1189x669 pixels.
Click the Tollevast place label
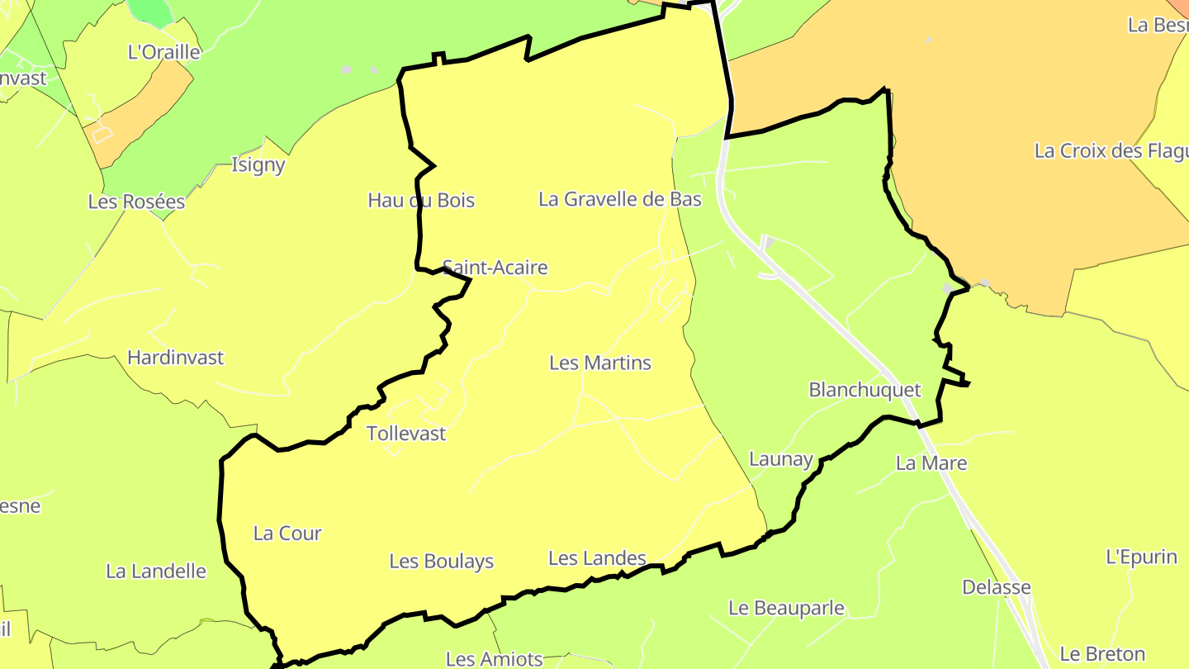(x=406, y=434)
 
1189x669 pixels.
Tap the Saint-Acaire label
(x=495, y=268)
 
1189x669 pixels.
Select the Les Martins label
(x=600, y=363)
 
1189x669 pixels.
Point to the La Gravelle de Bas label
(x=620, y=199)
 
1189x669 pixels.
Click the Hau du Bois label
(x=421, y=200)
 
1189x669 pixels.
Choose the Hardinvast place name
(x=176, y=358)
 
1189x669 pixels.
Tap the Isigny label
(x=258, y=164)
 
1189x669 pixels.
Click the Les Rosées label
(x=136, y=202)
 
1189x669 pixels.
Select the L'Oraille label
(x=164, y=52)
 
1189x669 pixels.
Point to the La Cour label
(x=287, y=534)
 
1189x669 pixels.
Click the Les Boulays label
(x=442, y=562)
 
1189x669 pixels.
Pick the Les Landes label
(x=597, y=559)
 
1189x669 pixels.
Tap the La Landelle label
(x=156, y=571)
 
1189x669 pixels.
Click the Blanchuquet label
(x=865, y=390)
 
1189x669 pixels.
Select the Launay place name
(x=781, y=459)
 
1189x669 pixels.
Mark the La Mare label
(x=931, y=463)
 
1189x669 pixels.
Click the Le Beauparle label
(x=786, y=609)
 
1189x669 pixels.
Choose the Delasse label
(x=997, y=587)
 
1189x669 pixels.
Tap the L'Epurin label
(x=1141, y=557)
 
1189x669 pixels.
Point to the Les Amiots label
(x=495, y=659)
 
